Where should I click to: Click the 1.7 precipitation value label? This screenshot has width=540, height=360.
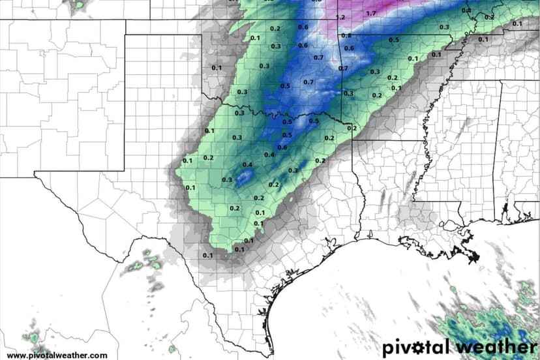coord(371,13)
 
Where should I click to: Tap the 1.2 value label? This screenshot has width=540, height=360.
coord(340,18)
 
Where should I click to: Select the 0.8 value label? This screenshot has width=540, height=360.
coord(346,35)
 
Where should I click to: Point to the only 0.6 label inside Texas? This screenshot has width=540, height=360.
coord(282,147)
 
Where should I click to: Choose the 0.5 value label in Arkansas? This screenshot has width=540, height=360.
coord(393,40)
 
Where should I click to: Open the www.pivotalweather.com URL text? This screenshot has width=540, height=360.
coord(57,355)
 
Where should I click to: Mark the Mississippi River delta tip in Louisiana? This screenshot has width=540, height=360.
coord(475,256)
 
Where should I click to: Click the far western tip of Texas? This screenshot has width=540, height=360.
coord(36,173)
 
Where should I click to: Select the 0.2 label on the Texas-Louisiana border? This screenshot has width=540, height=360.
coord(352,128)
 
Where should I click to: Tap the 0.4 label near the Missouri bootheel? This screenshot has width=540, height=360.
coord(466,10)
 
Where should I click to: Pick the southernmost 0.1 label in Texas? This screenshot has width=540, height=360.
coord(207,255)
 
